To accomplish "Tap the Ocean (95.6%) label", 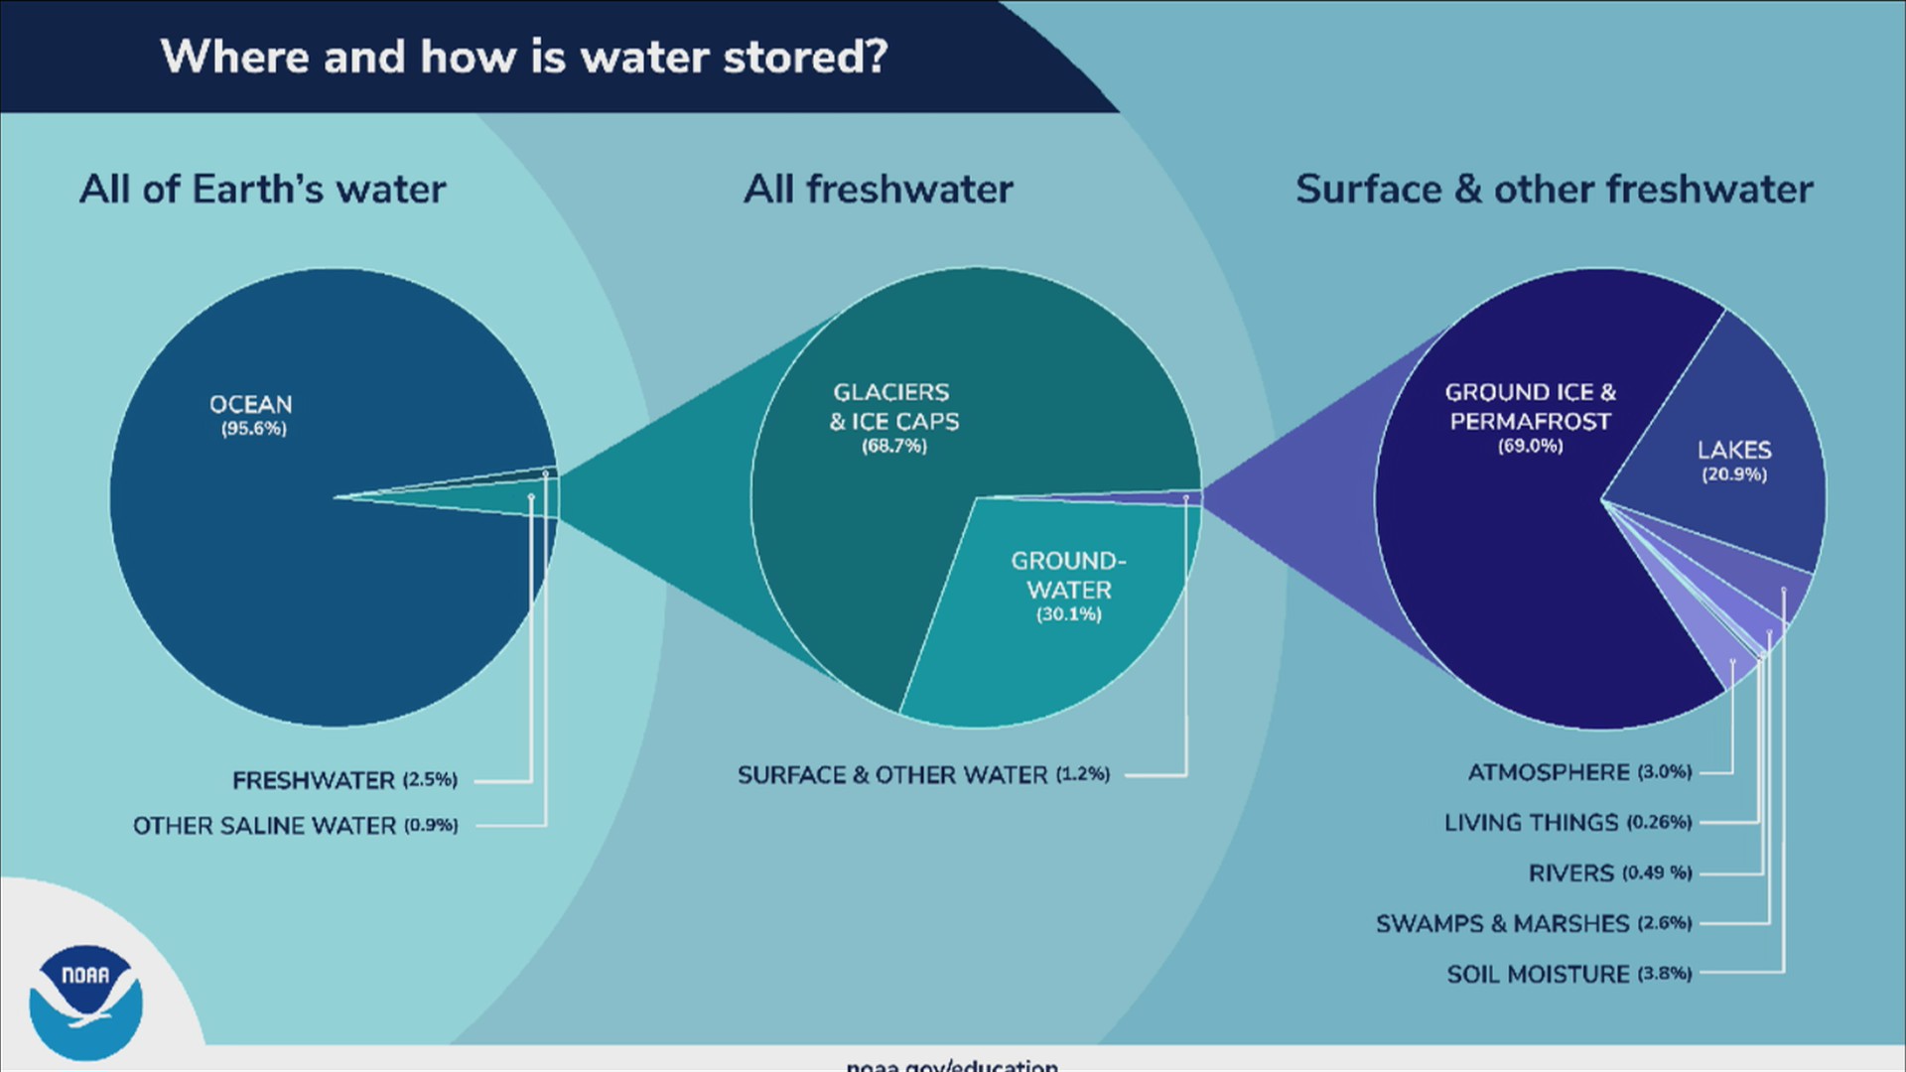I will [x=251, y=415].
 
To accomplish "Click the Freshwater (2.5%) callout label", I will [x=344, y=780].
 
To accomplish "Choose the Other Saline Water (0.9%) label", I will [x=295, y=826].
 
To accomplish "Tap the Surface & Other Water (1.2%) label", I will [x=923, y=775].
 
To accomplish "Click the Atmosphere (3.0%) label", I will [x=1579, y=772].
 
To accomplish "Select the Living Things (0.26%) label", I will [x=1567, y=823].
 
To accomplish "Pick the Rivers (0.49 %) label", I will [x=1609, y=873].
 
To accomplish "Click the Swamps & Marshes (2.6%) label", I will [x=1533, y=924].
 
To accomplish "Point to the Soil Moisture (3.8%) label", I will [x=1568, y=975].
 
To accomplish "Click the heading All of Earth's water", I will [x=263, y=189].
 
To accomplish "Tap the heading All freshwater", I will [x=879, y=189].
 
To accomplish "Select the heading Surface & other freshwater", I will [x=1554, y=189].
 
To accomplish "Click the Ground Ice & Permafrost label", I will [x=1530, y=407].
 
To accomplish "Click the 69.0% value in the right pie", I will [x=1530, y=447].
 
